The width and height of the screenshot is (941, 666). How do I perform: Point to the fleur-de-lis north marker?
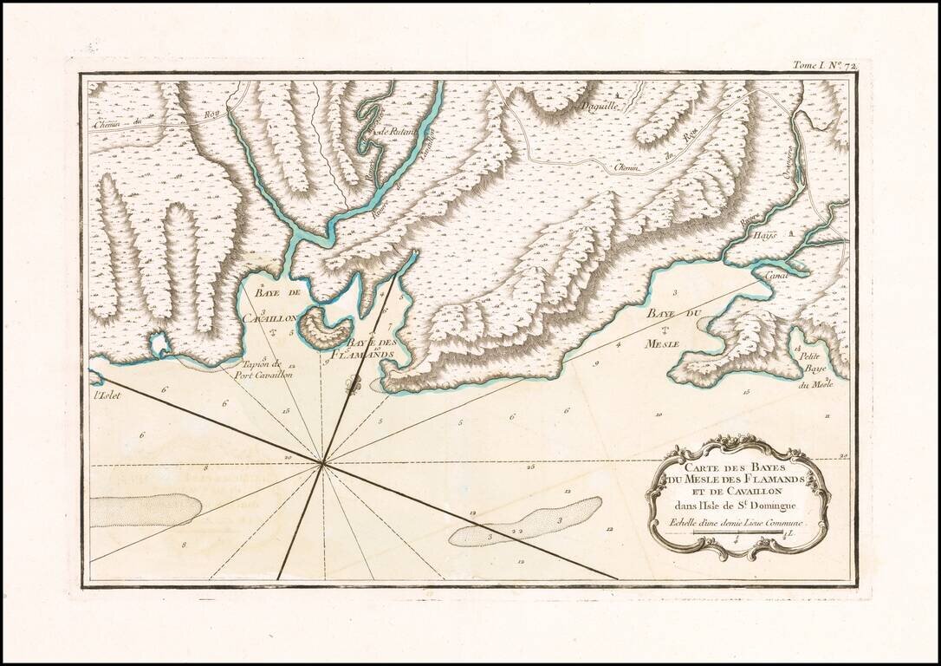coord(351,388)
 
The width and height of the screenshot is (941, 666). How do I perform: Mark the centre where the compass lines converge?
coord(323,464)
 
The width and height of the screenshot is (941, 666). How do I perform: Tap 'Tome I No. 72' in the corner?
coord(823,65)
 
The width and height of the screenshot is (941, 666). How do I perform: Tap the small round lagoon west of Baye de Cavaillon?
coord(159,345)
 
